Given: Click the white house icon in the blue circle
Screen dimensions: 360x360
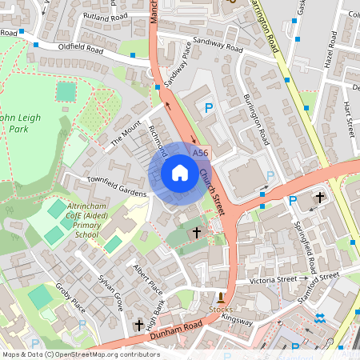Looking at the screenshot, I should point(180,173).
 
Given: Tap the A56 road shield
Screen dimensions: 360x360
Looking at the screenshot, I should point(200,152).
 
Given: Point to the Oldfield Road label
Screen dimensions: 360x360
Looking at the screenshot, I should point(80,49).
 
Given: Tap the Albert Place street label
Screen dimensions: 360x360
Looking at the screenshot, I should point(147,277).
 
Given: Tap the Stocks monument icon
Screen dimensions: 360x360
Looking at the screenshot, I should point(222,297).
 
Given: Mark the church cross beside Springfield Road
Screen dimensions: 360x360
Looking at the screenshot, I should point(320,197).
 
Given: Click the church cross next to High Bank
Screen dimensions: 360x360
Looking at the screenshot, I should point(139,325).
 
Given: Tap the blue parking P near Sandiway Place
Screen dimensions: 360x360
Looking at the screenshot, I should point(210,108).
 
